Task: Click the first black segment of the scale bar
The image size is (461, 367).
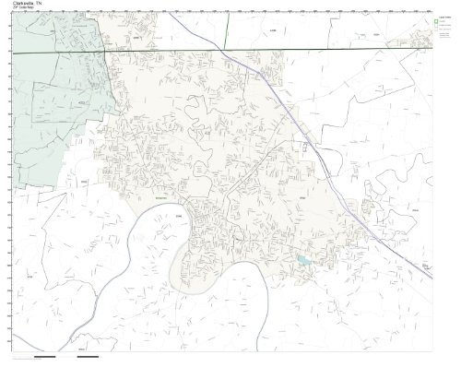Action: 43,356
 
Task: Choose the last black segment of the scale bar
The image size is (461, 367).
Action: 88,356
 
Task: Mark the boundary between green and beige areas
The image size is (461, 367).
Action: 108,101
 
